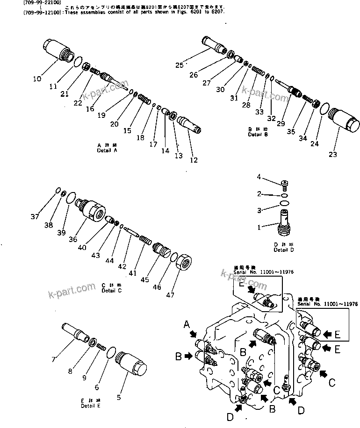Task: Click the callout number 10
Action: pos(36,79)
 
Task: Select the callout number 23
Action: pos(332,155)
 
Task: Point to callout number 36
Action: pos(73,240)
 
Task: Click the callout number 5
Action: pos(119,398)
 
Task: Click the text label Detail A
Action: pos(107,151)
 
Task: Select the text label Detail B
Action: pos(258,135)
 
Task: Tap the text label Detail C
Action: pos(111,291)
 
